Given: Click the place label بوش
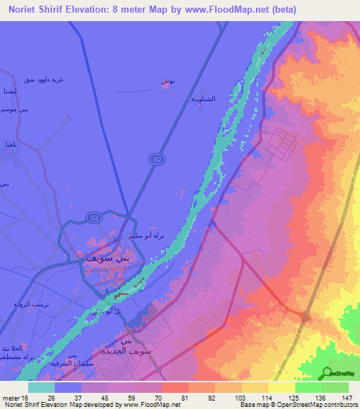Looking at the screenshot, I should point(167,82).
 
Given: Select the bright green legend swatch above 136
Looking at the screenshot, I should point(308,387).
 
